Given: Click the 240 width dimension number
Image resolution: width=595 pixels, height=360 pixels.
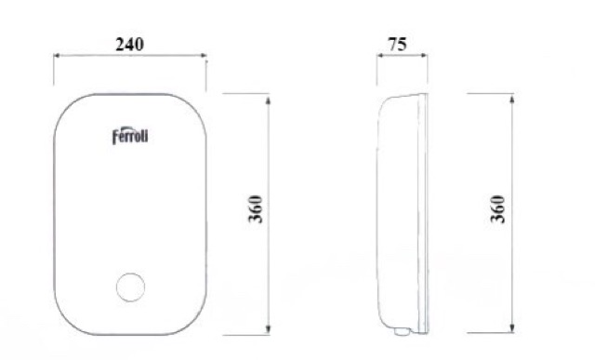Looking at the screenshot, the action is coord(130,45).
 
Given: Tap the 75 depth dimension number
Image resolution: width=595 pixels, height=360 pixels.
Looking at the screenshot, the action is coord(397,45).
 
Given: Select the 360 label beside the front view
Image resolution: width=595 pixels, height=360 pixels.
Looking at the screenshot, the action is coord(256,209).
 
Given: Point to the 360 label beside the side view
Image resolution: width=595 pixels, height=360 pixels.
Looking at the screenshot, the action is coord(498,209).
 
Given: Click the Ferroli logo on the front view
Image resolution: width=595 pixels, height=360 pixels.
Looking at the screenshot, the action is coord(130,136).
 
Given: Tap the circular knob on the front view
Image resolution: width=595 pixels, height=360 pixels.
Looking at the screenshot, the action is coord(130,287).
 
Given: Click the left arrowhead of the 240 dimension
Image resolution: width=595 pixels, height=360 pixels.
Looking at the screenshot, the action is coord(57,56).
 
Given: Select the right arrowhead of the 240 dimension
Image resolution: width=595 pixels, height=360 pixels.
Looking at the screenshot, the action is coord(204,56).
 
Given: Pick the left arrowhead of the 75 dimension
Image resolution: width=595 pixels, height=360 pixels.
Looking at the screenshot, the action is coord(380,56).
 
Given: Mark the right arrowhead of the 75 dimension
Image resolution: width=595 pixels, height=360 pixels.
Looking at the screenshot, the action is coord(424,56).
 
